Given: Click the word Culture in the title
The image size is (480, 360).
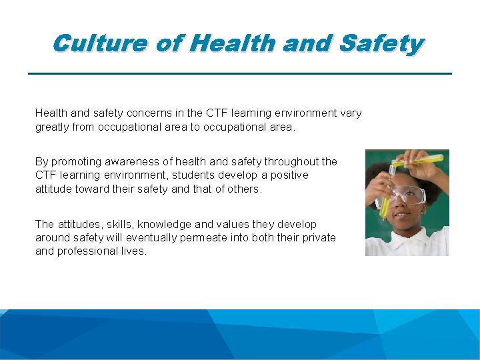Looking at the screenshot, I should [99, 44].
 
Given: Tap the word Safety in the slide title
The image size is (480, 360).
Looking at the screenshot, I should [381, 44].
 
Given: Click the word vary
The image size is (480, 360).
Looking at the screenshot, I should [351, 113].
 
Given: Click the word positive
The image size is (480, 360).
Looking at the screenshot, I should [288, 175].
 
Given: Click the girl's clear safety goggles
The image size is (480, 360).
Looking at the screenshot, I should [407, 195].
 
